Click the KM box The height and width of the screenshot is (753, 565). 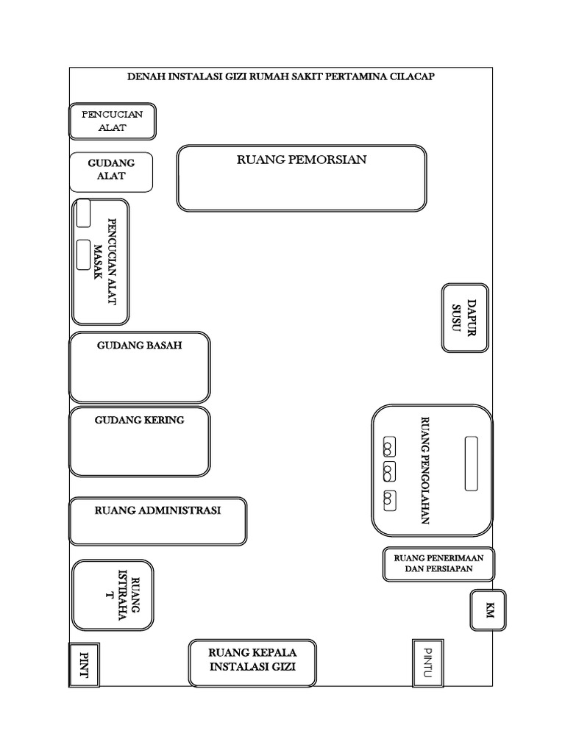(x=488, y=610)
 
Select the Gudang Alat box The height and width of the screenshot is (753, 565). (x=111, y=172)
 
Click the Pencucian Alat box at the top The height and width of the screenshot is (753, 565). (x=113, y=121)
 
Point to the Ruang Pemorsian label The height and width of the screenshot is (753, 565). (x=301, y=160)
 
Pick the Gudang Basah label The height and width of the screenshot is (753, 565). (x=139, y=345)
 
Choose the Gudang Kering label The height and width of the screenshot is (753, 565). (x=139, y=420)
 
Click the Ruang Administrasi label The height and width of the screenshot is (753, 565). (x=157, y=510)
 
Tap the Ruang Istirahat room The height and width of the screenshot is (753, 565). (x=113, y=595)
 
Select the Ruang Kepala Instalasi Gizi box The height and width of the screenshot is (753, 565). (x=252, y=660)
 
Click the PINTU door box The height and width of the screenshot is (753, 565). (x=427, y=663)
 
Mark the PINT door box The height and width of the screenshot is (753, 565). (x=84, y=665)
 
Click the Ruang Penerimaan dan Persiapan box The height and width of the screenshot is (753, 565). (x=438, y=563)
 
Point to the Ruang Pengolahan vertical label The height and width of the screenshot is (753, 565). (x=424, y=471)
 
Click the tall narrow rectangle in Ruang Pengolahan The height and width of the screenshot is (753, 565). (x=472, y=463)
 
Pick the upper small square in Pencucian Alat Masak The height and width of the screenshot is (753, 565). (x=84, y=213)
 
